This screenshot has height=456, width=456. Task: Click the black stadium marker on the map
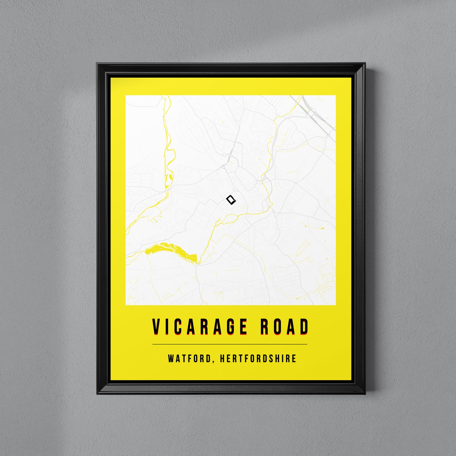pos(231,200)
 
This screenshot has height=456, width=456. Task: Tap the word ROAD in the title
pos(284,327)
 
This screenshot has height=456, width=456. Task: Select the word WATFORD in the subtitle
pos(189,358)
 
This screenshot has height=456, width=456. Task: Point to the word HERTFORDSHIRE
pos(258,358)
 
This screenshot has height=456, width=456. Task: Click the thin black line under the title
pos(230,344)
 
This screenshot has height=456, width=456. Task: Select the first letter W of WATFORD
pos(171,358)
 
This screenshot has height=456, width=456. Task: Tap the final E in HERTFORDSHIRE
pos(294,358)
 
